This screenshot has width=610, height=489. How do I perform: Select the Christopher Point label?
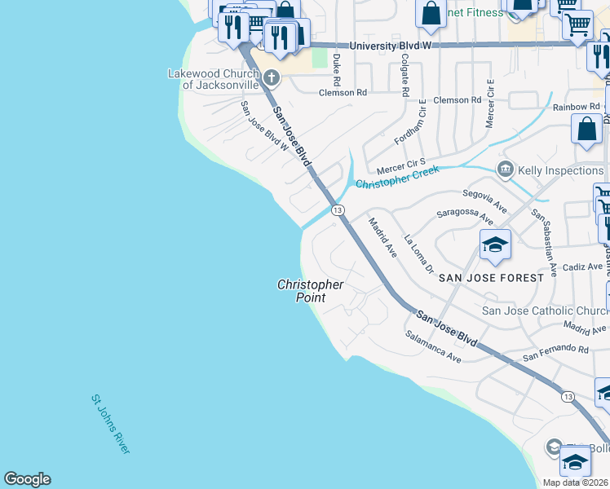310,291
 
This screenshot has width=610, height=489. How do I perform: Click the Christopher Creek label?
397,177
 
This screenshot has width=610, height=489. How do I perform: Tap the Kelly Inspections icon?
505,170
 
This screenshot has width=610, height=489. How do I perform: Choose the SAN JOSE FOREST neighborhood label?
491,278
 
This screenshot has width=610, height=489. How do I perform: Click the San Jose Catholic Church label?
545,311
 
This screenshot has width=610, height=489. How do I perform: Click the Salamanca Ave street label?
433,346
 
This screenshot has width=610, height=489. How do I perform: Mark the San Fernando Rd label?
555,353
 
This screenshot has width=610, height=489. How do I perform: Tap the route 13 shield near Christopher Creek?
337,210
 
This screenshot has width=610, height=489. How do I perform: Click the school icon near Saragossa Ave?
494,244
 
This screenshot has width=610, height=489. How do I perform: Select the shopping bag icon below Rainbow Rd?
587,129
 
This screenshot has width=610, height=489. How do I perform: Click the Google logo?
27,479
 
